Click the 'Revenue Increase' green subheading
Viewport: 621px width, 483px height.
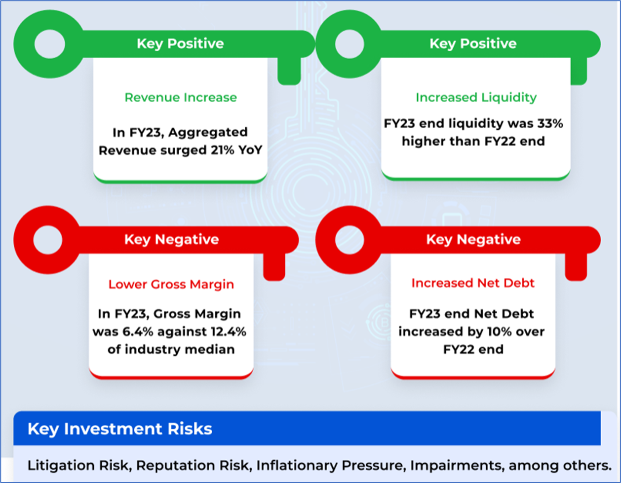point(181,97)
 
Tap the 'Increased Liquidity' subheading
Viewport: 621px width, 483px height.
point(476,97)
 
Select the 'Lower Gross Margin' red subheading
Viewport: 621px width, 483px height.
point(171,285)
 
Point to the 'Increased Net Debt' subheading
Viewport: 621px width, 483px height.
point(473,283)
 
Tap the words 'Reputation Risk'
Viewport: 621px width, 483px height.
point(194,465)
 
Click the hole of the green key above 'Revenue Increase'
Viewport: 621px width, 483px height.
point(50,44)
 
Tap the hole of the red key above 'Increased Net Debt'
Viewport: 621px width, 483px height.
point(349,240)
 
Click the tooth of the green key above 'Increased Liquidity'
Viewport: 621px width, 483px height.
point(579,71)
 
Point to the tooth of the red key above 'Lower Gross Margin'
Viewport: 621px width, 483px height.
point(274,267)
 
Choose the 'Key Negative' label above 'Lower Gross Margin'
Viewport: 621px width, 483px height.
point(171,239)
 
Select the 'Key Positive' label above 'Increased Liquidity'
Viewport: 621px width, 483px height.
point(473,43)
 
